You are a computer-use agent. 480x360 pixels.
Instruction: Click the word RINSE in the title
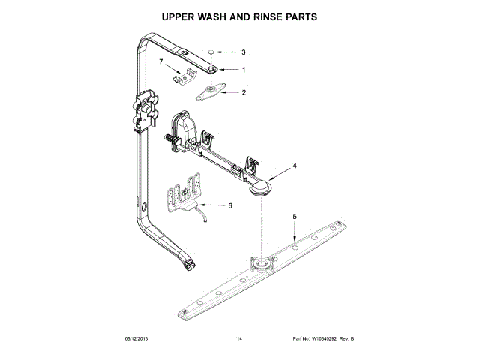pyautogui.click(x=268, y=16)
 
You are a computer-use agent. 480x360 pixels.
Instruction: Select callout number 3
pyautogui.click(x=243, y=52)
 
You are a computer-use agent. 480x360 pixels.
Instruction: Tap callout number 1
pyautogui.click(x=244, y=70)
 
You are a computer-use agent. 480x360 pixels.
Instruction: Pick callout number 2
pyautogui.click(x=244, y=92)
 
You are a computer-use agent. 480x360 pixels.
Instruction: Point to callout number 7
pyautogui.click(x=161, y=61)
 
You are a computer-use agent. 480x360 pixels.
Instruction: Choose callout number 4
pyautogui.click(x=295, y=166)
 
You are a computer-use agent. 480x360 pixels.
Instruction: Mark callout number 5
pyautogui.click(x=295, y=217)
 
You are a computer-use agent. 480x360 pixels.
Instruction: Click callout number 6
pyautogui.click(x=230, y=205)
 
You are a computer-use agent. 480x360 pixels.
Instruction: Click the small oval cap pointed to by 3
pyautogui.click(x=211, y=52)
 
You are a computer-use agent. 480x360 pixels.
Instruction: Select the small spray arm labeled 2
pyautogui.click(x=211, y=91)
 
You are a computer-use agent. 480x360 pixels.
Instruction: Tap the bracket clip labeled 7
pyautogui.click(x=184, y=75)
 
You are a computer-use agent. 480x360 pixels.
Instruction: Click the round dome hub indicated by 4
pyautogui.click(x=260, y=187)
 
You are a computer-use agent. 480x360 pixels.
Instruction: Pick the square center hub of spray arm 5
pyautogui.click(x=262, y=263)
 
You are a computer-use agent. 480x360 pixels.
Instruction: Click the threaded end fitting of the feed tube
pyautogui.click(x=190, y=265)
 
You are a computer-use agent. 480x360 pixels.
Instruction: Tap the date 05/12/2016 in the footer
pyautogui.click(x=136, y=338)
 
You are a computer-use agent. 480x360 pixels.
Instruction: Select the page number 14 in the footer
pyautogui.click(x=239, y=338)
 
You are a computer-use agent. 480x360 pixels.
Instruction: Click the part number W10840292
pyautogui.click(x=324, y=338)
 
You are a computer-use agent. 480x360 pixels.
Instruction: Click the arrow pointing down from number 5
pyautogui.click(x=295, y=232)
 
